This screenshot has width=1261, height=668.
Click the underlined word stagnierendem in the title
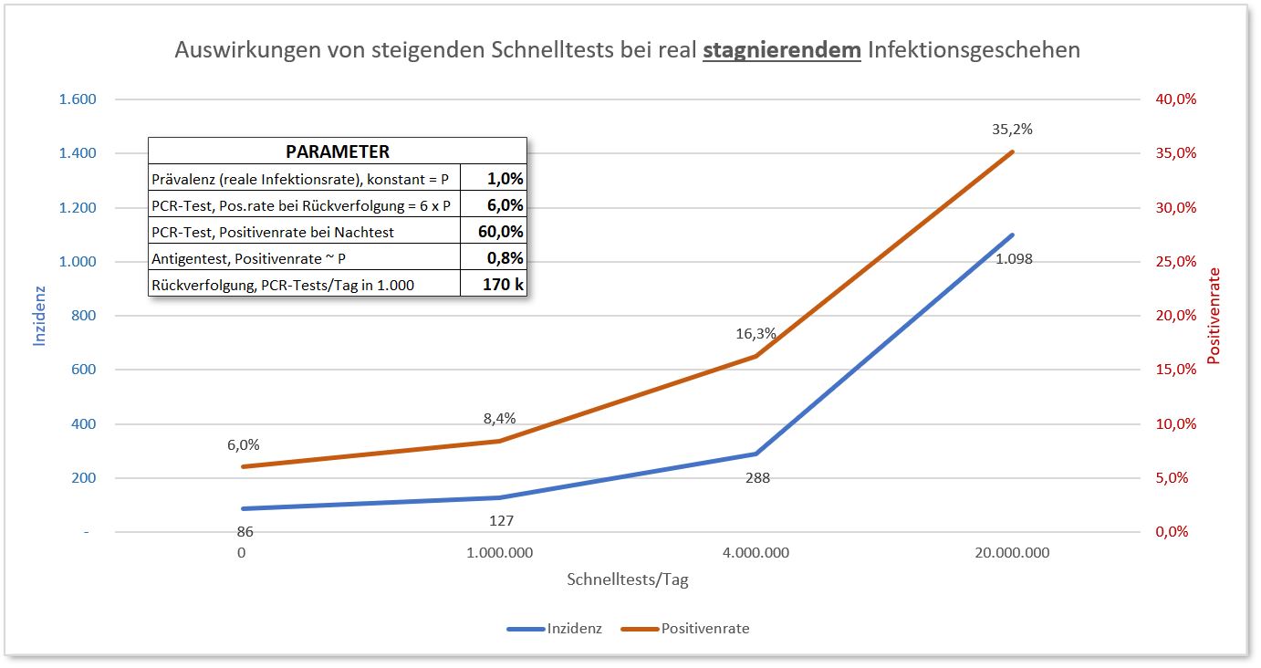(x=782, y=50)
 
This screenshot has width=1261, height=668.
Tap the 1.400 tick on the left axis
(x=78, y=153)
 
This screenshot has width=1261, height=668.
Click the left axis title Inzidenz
(x=39, y=316)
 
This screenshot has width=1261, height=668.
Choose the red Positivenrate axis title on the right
(x=1214, y=316)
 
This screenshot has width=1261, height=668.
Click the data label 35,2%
(x=1012, y=130)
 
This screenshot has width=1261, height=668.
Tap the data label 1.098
(x=1015, y=259)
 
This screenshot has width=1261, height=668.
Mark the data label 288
(x=757, y=477)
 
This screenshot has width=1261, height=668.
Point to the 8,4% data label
(x=499, y=419)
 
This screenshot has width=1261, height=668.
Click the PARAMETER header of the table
(x=338, y=151)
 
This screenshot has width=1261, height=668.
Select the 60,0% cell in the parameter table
(x=501, y=231)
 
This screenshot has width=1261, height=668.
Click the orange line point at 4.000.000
(x=756, y=356)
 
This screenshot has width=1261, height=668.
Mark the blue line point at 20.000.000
(x=1013, y=235)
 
